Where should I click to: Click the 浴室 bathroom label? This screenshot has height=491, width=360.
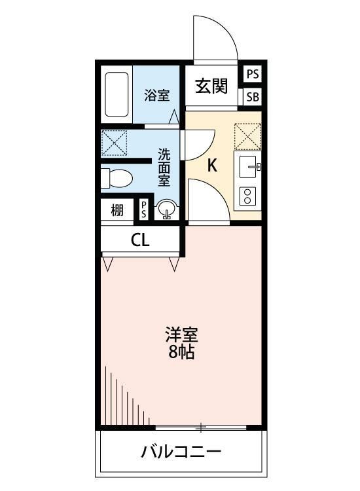pos(157,95)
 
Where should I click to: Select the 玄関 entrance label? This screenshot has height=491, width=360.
pos(210,86)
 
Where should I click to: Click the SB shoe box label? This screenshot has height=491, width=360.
pos(253,98)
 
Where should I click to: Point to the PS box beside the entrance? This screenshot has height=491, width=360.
pos(253,74)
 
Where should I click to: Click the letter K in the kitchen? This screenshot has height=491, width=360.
pos(212,166)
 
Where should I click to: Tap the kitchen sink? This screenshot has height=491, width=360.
pos(249,167)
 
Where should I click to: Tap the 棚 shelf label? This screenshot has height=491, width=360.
pos(117,210)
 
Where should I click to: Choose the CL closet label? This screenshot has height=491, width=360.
pos(140,240)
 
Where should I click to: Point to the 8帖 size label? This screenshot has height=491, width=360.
pos(181,354)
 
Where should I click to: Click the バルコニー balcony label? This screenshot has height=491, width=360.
pos(181,452)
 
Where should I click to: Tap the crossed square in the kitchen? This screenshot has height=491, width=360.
pos(248,137)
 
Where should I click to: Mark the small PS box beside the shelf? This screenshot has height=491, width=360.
pos(144,210)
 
